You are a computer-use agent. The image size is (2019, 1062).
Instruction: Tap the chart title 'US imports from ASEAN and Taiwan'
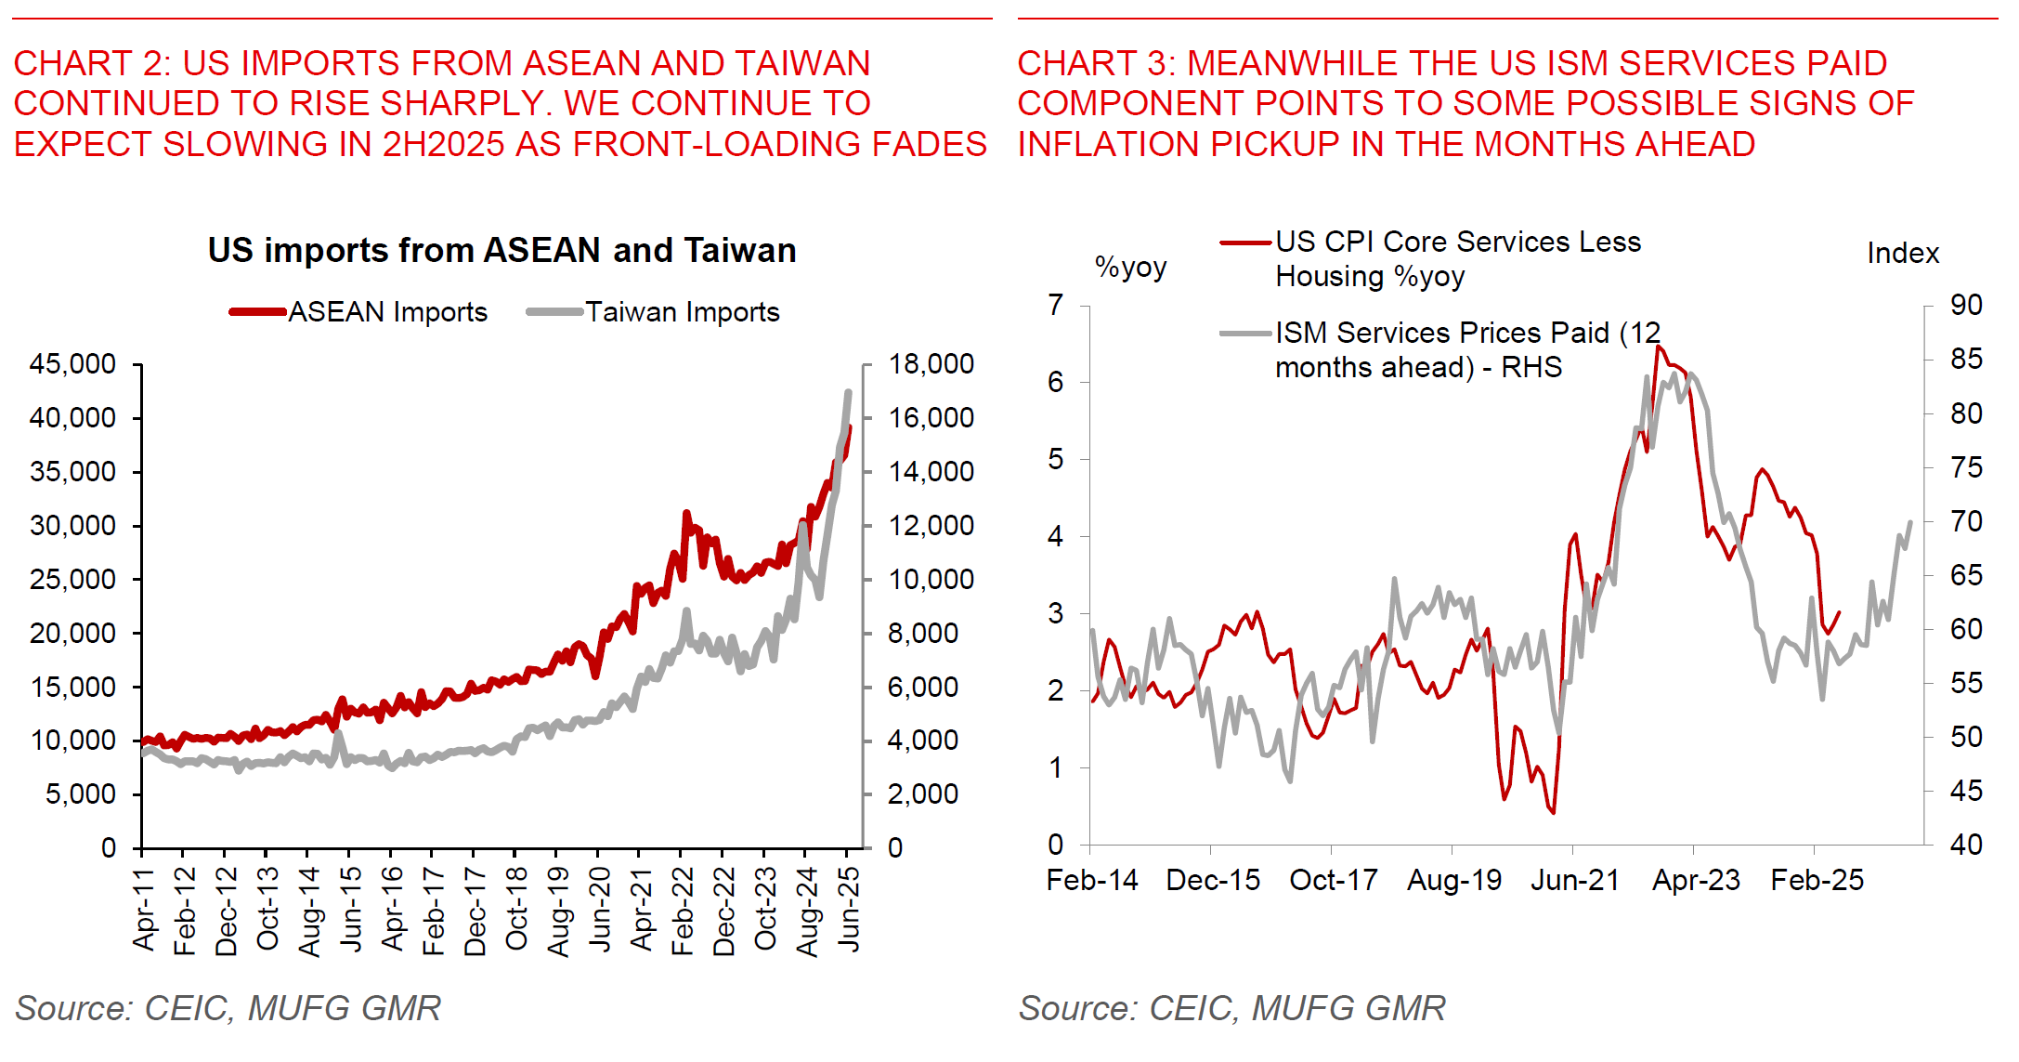click(501, 251)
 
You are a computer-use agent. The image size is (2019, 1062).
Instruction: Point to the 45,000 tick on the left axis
click(72, 364)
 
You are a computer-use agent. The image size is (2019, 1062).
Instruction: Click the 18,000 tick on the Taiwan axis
click(931, 364)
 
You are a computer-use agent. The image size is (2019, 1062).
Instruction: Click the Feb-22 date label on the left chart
click(683, 911)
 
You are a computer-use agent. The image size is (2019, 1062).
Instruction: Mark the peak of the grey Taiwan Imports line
click(848, 392)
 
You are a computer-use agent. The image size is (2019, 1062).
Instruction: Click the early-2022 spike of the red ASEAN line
click(686, 513)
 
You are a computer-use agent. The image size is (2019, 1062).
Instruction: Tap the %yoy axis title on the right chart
click(1130, 268)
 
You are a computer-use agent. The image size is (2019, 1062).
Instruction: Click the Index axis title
click(1903, 254)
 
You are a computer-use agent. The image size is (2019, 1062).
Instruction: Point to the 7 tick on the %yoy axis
click(1056, 305)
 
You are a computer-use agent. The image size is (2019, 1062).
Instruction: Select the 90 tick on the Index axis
click(1965, 305)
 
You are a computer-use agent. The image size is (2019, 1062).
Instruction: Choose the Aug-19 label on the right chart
click(1454, 880)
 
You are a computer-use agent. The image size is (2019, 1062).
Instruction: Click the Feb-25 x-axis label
click(1817, 880)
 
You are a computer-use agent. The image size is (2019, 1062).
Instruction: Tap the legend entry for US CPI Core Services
click(1457, 258)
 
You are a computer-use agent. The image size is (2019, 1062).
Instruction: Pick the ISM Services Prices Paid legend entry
click(1466, 349)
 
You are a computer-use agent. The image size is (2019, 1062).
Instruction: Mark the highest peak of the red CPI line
click(1659, 347)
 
